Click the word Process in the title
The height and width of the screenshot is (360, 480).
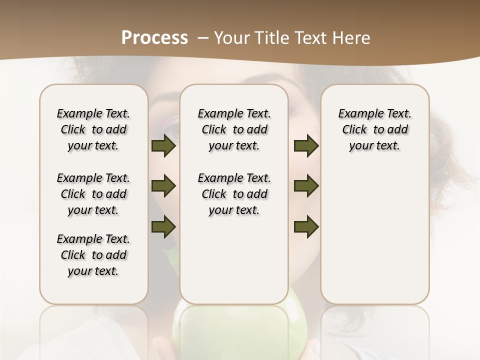pos(154,37)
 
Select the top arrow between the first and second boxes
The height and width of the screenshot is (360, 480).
pos(163,146)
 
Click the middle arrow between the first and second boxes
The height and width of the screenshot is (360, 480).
pos(163,186)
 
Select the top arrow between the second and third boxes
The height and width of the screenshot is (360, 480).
pos(306,146)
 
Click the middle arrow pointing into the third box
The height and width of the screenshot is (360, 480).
pos(306,186)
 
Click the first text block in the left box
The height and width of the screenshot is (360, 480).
pos(93,129)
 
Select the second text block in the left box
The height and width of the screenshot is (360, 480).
pos(93,194)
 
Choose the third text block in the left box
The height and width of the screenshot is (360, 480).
pos(93,255)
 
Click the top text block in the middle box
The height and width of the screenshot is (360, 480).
pos(234,129)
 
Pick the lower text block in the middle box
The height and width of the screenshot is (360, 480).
pos(234,194)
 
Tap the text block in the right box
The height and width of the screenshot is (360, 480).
pos(374,129)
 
